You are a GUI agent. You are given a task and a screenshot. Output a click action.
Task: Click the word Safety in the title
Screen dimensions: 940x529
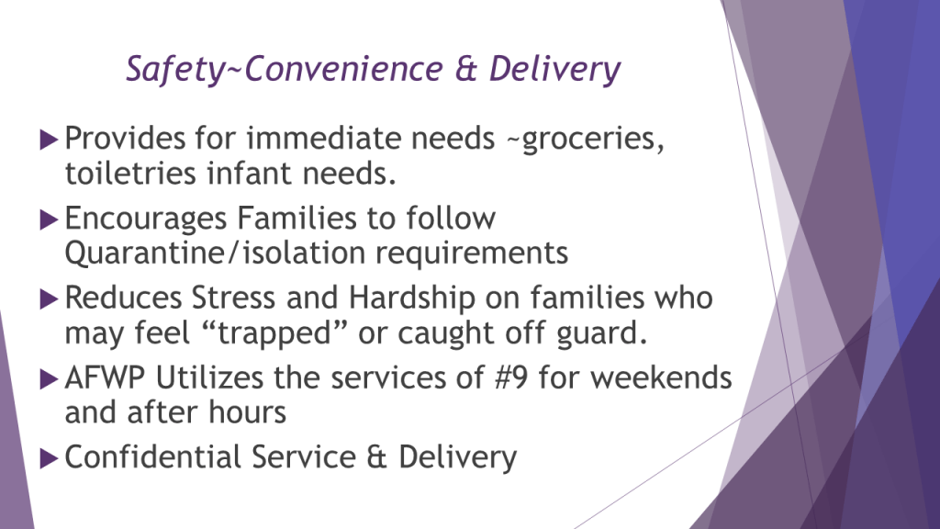174,69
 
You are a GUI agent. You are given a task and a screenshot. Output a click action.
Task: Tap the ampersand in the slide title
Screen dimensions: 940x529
466,68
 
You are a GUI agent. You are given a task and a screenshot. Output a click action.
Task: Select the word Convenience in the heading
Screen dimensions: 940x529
343,68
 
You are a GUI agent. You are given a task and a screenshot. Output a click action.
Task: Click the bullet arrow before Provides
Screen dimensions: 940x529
49,140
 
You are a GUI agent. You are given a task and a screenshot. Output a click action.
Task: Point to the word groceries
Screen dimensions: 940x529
593,140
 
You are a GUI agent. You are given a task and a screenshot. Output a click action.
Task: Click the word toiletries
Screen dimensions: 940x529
130,174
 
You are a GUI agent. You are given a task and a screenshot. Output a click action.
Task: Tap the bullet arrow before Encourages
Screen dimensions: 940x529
49,219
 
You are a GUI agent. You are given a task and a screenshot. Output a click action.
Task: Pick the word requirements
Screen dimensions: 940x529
471,253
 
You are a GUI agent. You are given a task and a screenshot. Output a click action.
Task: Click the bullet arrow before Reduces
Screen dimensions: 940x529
49,299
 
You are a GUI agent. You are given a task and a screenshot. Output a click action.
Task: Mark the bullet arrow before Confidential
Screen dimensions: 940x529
49,459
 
